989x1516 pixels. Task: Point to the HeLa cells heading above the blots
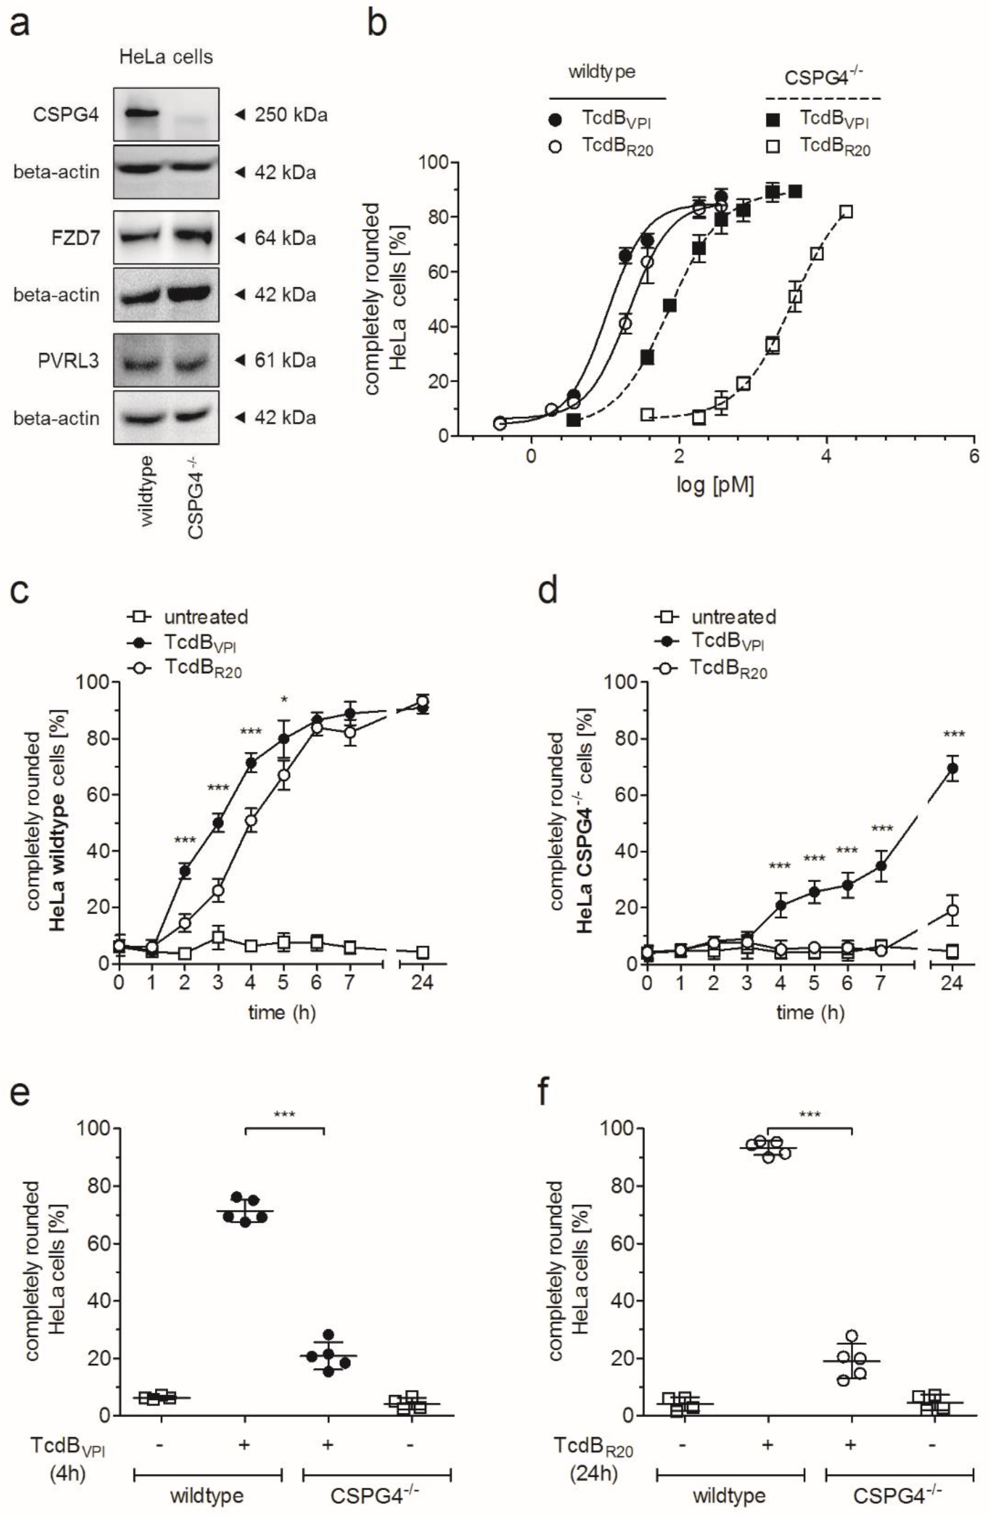point(166,57)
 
